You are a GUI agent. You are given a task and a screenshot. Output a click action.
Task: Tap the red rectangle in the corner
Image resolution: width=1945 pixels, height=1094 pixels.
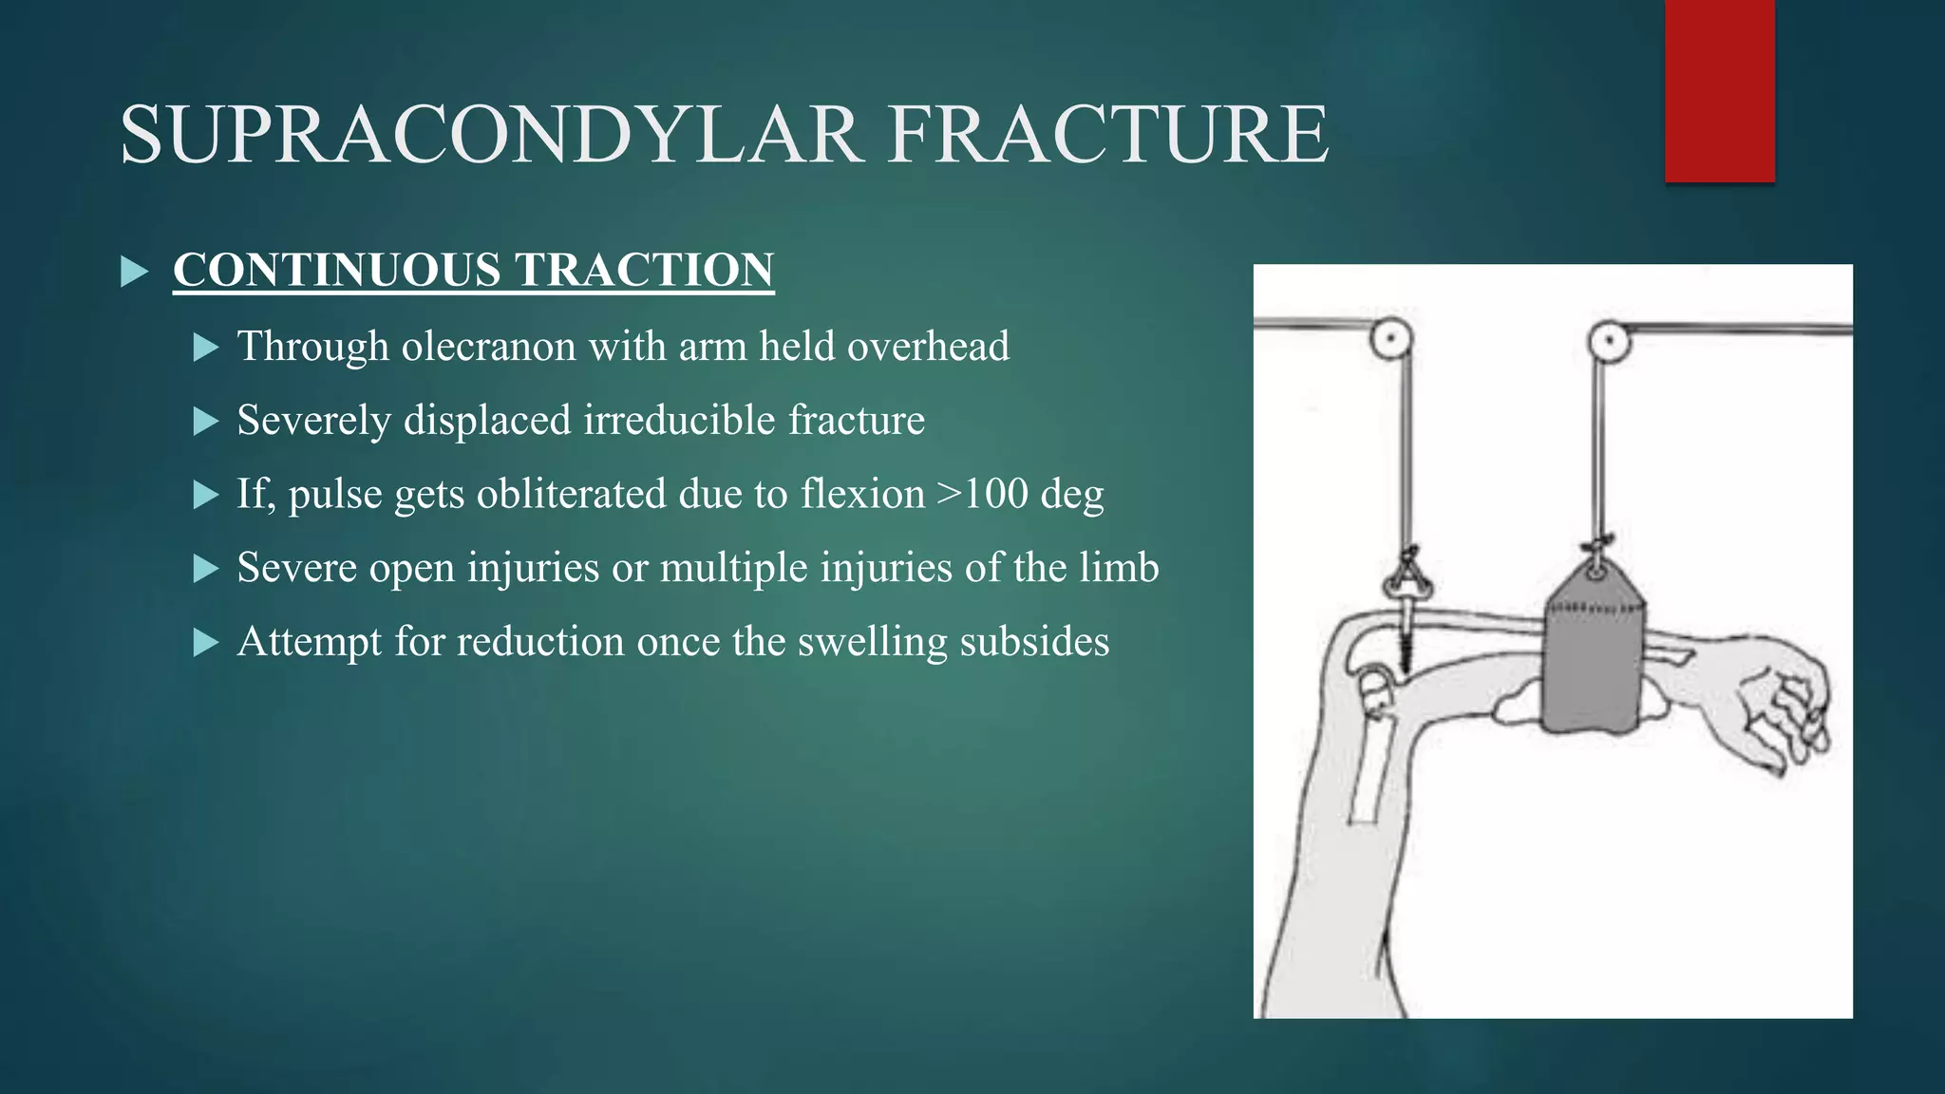coord(1719,91)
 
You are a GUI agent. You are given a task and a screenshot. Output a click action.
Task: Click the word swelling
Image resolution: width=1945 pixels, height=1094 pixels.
coord(872,642)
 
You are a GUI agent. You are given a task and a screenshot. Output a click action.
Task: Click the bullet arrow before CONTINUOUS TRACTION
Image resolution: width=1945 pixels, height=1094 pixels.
coord(135,273)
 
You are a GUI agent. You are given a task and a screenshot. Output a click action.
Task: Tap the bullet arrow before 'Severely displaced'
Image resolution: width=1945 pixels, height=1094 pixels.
coord(205,422)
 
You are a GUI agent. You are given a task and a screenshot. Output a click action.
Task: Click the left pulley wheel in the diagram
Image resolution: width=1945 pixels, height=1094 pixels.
coord(1390,338)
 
